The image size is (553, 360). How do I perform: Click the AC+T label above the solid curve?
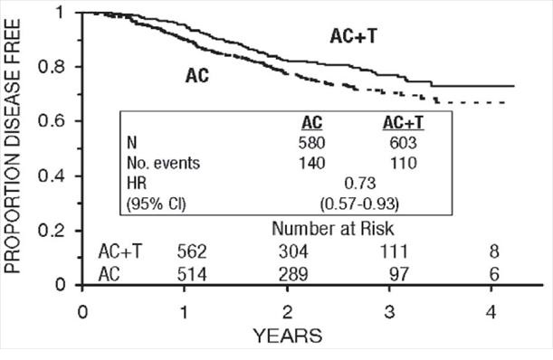click(353, 35)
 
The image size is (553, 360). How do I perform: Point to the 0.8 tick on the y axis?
click(60, 67)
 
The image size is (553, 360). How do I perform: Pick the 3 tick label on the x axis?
click(390, 309)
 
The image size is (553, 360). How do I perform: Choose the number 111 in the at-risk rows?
click(390, 251)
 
